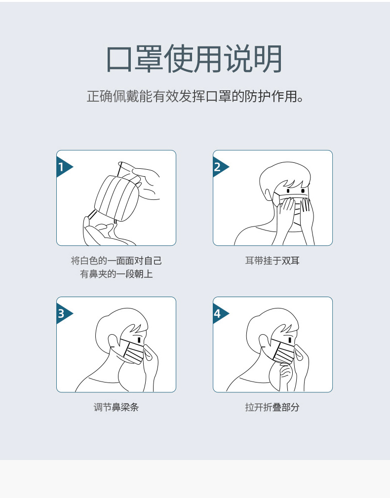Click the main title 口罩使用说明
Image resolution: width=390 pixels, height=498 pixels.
194,59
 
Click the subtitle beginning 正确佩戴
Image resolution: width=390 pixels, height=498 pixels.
195,96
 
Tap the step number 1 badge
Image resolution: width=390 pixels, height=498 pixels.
63,167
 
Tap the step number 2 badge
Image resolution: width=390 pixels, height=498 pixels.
219,167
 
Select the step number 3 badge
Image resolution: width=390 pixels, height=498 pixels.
63,314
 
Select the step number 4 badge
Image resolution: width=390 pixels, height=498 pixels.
219,314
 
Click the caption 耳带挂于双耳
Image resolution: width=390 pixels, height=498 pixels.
273,261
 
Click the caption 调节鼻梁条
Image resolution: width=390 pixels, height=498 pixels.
116,407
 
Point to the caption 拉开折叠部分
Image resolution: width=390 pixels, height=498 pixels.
273,407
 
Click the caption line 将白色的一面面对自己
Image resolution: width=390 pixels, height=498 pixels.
116,261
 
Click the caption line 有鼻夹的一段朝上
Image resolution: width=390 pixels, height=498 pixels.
116,274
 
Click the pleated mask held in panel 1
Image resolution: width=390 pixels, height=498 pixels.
117,197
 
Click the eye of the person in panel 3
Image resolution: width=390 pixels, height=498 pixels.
139,340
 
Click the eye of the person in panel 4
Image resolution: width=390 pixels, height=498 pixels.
290,340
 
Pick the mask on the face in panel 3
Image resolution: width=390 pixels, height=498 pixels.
133,351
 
